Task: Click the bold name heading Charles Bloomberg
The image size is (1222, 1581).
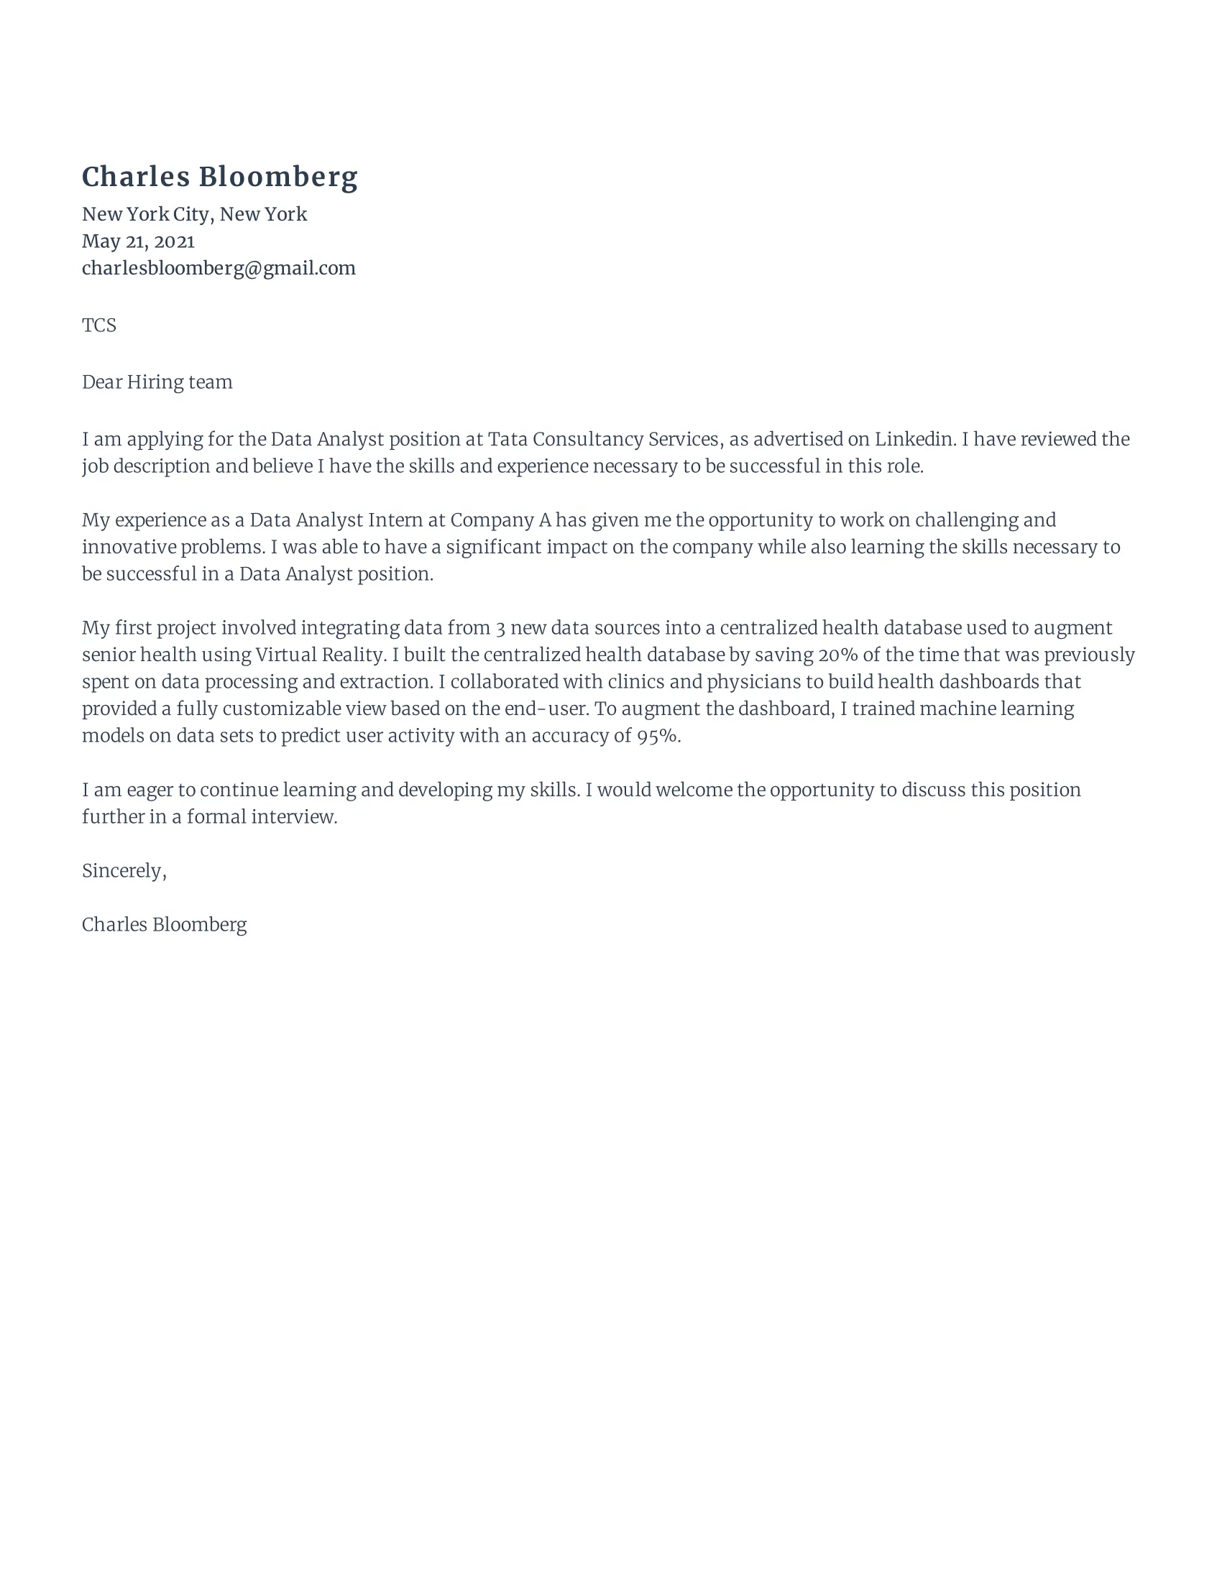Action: (219, 177)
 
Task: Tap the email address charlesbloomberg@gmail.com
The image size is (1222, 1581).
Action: (219, 268)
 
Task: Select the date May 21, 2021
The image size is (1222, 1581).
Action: (137, 241)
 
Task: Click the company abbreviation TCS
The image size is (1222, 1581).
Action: (98, 325)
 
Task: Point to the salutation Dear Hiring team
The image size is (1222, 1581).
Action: (157, 382)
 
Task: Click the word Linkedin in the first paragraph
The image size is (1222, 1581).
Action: (914, 438)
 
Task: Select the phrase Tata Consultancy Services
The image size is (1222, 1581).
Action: (603, 438)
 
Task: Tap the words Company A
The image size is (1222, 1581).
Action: (500, 520)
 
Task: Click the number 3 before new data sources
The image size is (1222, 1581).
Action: (500, 627)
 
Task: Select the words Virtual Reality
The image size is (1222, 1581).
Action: (319, 655)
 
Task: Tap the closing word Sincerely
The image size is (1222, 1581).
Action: (123, 870)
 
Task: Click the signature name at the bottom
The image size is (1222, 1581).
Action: (165, 924)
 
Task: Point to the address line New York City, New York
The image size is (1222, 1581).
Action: (194, 214)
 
